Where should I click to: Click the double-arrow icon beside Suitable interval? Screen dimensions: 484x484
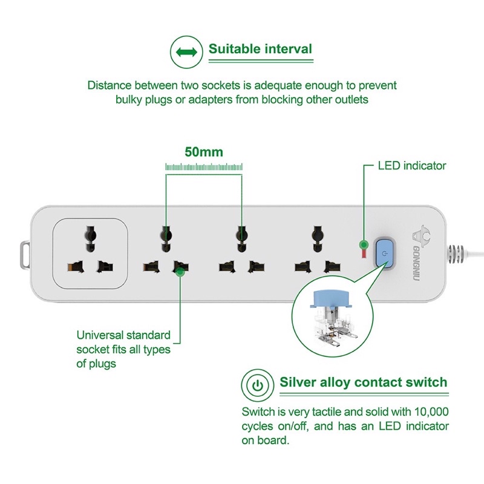(x=186, y=52)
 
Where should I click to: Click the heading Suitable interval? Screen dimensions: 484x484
(x=260, y=49)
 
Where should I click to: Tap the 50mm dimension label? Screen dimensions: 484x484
(x=204, y=152)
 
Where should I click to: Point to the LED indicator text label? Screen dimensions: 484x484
(x=411, y=165)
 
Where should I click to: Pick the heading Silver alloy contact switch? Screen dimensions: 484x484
(x=363, y=382)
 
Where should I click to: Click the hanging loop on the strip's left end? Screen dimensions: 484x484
(x=25, y=255)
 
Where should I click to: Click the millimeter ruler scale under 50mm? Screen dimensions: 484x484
(x=204, y=167)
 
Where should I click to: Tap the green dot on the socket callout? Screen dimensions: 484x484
(x=179, y=273)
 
